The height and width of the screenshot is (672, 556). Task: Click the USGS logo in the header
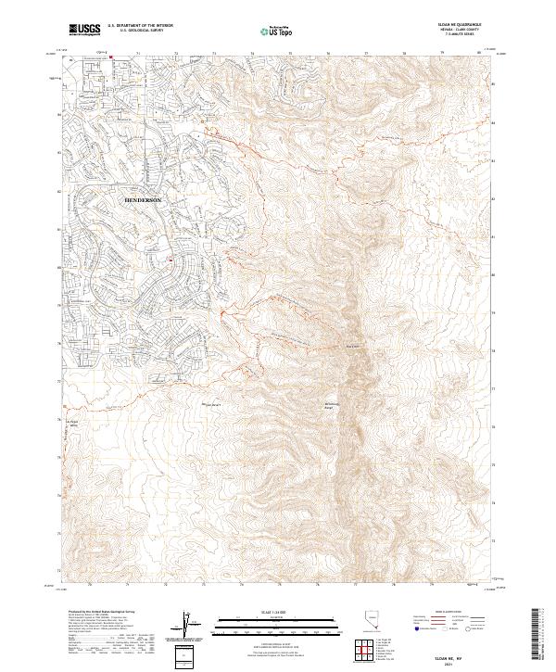[85, 30]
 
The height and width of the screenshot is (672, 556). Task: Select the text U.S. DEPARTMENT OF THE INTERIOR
[140, 26]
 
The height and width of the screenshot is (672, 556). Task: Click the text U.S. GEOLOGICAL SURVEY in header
[140, 32]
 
